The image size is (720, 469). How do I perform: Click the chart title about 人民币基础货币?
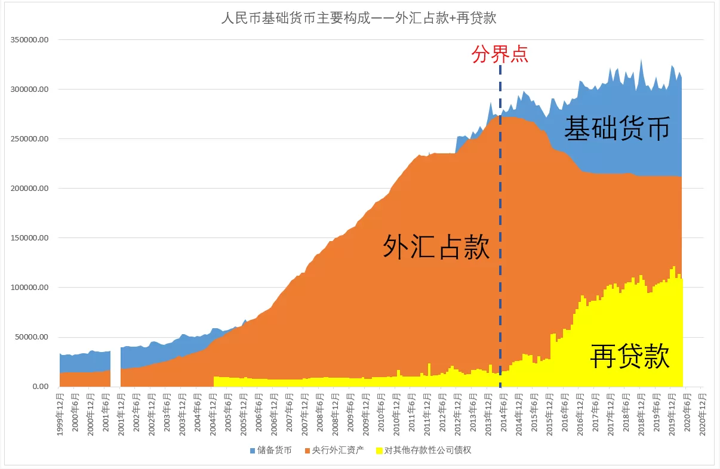coord(359,18)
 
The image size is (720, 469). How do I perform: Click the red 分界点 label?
coord(500,55)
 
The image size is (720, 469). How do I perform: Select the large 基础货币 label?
coord(617,128)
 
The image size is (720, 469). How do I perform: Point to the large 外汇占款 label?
coord(436,246)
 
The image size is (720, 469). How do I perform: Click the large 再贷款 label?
coord(630,356)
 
